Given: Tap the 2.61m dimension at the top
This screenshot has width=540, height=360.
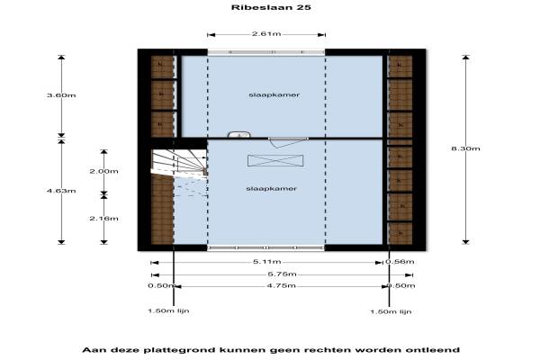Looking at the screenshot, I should click(x=265, y=34).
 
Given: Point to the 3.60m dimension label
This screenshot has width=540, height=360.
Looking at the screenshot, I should click(x=61, y=94).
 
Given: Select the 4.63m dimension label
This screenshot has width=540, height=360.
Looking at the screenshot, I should click(x=61, y=191).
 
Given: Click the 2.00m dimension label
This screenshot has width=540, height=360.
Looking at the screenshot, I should click(x=104, y=171).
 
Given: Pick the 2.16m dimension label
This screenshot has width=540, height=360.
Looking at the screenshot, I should click(x=104, y=219).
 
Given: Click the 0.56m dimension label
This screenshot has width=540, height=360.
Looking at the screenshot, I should click(x=399, y=262).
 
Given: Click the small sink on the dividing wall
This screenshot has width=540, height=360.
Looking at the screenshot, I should click(x=238, y=135).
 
